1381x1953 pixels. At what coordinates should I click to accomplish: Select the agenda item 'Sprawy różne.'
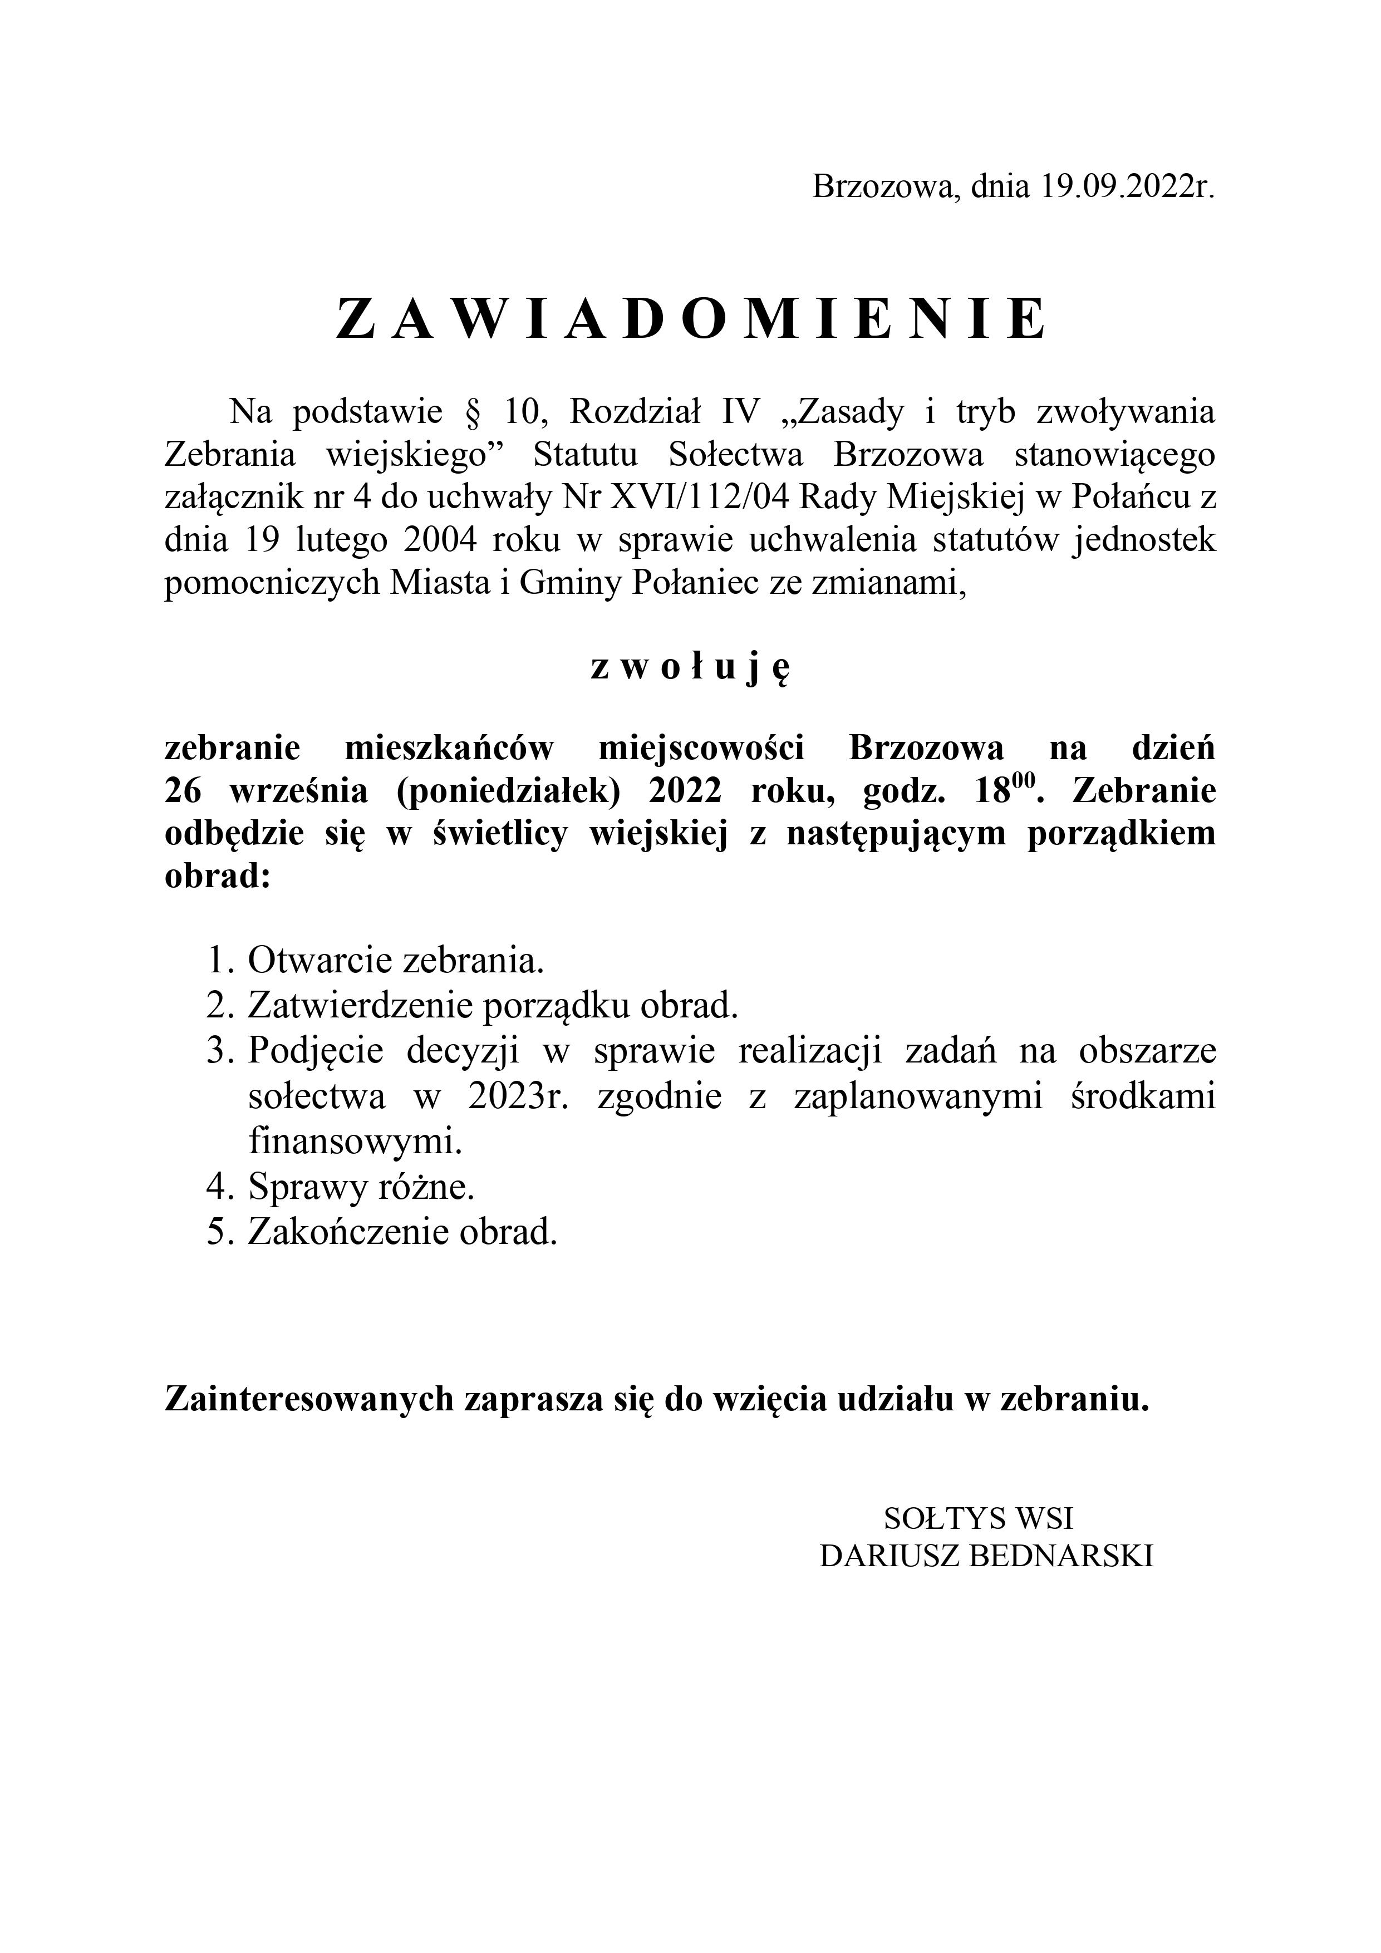pos(361,1188)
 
